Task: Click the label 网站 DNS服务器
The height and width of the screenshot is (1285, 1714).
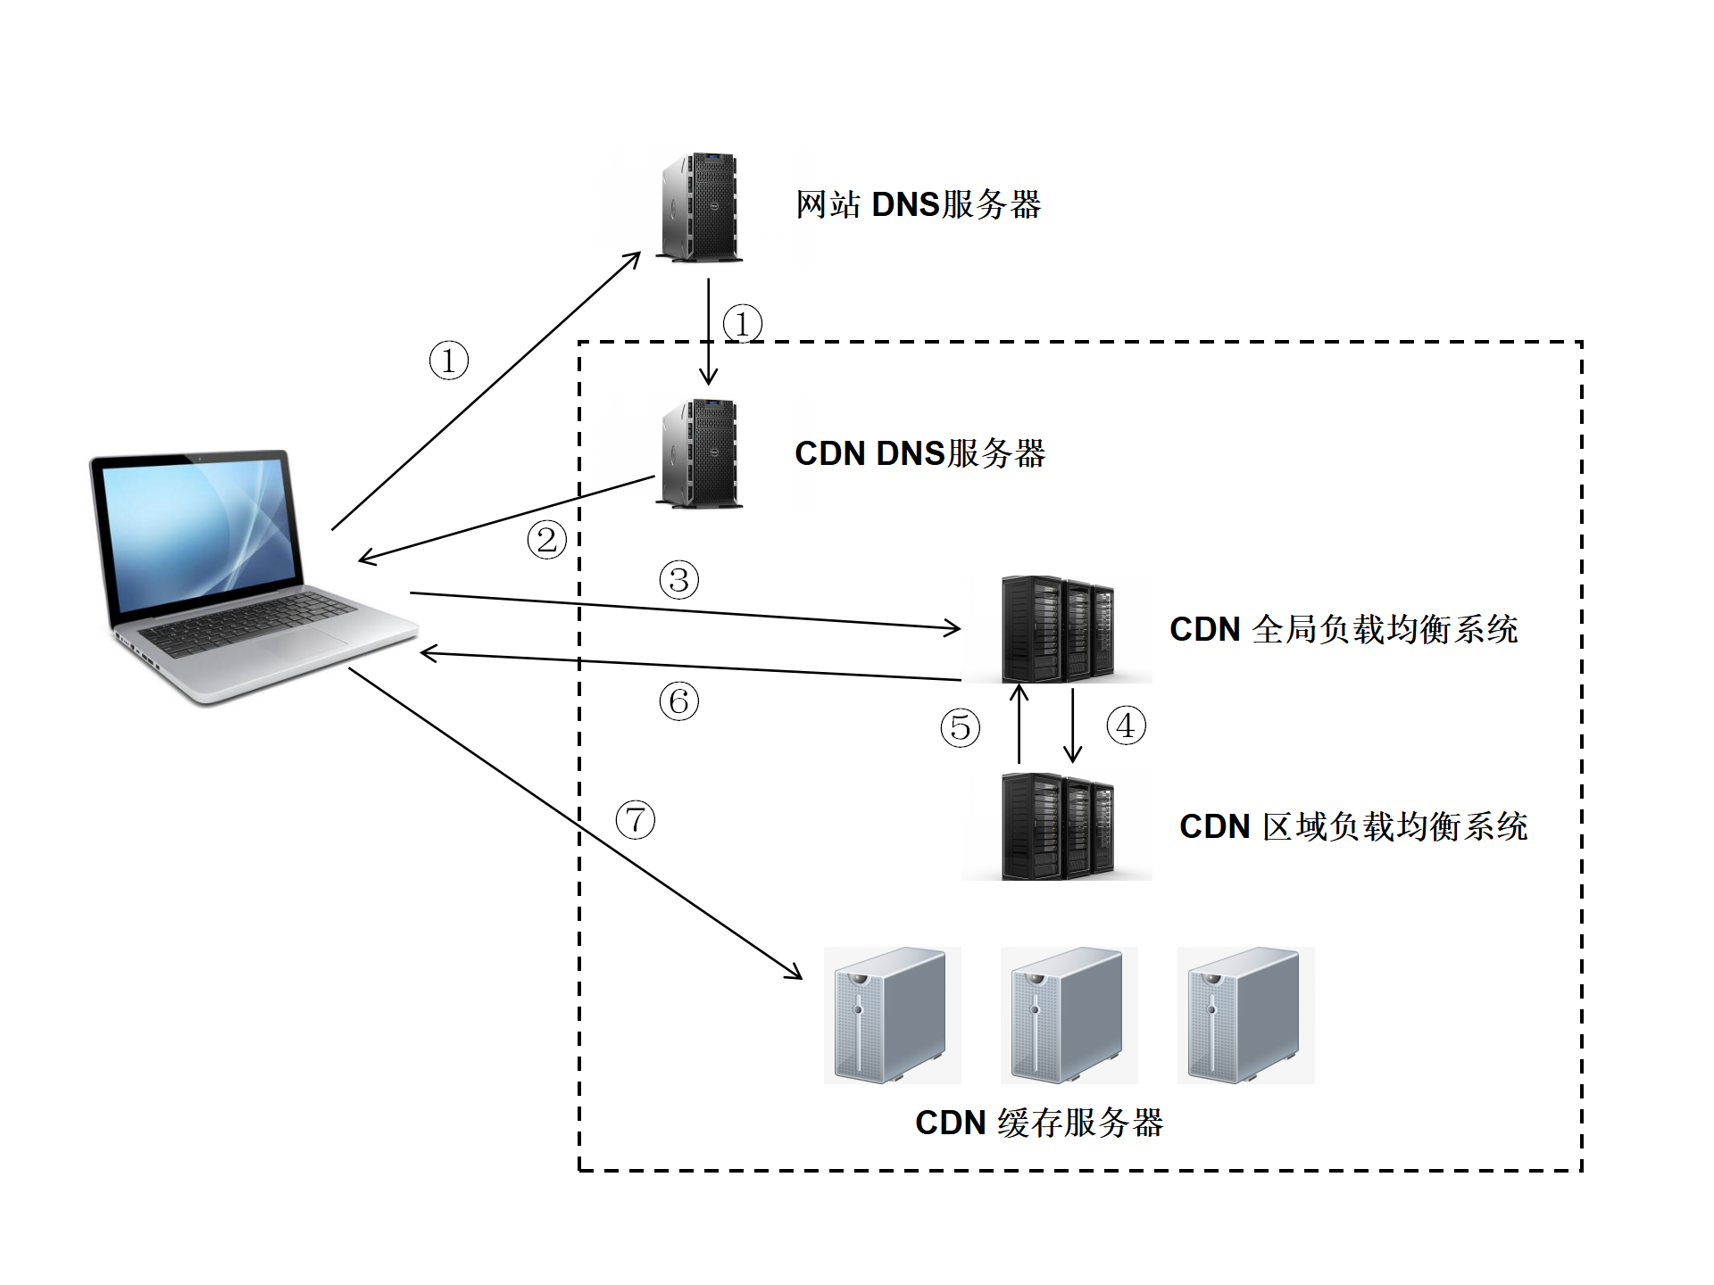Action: [918, 205]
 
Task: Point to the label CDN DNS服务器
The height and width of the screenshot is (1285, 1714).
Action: [919, 453]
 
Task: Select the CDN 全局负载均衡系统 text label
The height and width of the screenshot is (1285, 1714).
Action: [1344, 629]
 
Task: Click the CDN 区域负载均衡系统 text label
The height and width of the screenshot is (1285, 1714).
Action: [1353, 826]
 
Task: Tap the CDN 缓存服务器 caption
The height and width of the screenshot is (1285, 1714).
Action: [1039, 1123]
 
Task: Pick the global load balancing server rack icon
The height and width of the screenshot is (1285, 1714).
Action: [1058, 629]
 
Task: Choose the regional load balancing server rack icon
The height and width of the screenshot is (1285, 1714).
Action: [1058, 826]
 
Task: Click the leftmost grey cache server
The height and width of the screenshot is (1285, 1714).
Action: [891, 1016]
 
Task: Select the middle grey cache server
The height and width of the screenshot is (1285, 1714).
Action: [1068, 1016]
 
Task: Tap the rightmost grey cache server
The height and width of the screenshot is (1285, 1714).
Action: [1244, 1016]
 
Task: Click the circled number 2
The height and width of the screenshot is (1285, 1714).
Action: [546, 540]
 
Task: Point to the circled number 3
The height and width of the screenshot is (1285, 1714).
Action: [678, 580]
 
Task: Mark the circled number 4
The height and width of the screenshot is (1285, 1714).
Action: [1126, 725]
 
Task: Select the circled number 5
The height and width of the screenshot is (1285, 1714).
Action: [960, 727]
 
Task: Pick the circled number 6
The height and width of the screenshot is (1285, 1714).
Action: [678, 701]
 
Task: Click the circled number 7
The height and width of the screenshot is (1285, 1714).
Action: [636, 819]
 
